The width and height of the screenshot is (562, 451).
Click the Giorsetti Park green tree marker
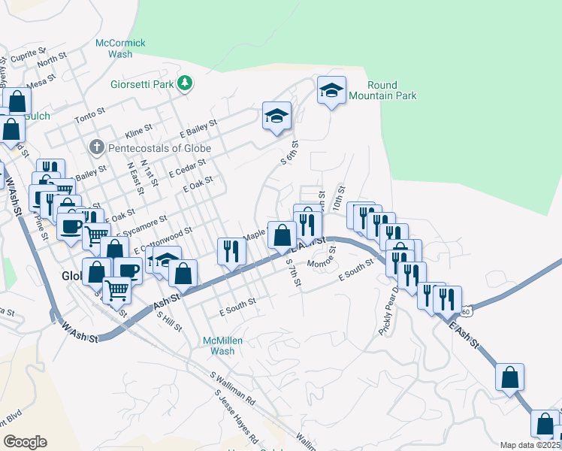coord(185,84)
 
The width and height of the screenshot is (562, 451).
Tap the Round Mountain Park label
coord(392,91)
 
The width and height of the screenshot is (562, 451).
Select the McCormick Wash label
coord(120,49)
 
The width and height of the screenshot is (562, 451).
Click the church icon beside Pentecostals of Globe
coord(96,147)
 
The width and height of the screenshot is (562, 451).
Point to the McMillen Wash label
coord(223,346)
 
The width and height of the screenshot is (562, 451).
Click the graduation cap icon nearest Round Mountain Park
coord(331,91)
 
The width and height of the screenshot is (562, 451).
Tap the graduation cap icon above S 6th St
coord(276,117)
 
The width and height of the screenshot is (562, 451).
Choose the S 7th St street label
coord(293,273)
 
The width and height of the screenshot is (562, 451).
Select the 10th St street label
coord(340,198)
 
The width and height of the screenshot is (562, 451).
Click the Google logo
coord(25,442)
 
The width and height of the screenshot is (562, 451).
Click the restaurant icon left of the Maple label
coord(231,250)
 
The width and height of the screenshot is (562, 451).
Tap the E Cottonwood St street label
coord(163,240)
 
